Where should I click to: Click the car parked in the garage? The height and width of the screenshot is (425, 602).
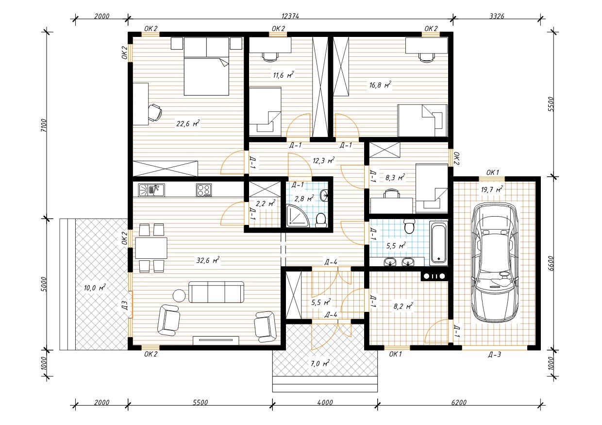pyautogui.click(x=495, y=262)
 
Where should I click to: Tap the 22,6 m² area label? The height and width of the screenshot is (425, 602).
pyautogui.click(x=188, y=123)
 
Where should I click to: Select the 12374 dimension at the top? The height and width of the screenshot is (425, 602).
pyautogui.click(x=290, y=16)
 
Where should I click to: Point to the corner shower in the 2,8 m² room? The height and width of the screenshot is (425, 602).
pyautogui.click(x=297, y=215)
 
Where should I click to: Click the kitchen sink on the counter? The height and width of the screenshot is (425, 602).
pyautogui.click(x=151, y=190)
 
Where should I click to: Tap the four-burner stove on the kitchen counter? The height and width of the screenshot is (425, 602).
pyautogui.click(x=204, y=190)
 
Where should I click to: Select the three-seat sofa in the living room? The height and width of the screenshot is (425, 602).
pyautogui.click(x=217, y=292)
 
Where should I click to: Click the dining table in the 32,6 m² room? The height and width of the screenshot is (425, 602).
pyautogui.click(x=151, y=248)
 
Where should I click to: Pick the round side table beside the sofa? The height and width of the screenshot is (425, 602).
pyautogui.click(x=179, y=296)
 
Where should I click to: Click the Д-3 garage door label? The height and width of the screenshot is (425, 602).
pyautogui.click(x=495, y=355)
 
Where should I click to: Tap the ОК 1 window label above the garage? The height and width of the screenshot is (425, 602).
pyautogui.click(x=493, y=172)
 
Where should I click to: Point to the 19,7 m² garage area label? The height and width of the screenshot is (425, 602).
pyautogui.click(x=491, y=189)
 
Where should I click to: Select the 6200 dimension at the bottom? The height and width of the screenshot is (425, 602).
pyautogui.click(x=459, y=403)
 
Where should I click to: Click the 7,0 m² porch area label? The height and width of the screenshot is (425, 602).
pyautogui.click(x=320, y=363)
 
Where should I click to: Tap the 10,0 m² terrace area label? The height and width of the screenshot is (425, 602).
pyautogui.click(x=95, y=288)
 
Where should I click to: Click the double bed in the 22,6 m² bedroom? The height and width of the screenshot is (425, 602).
pyautogui.click(x=206, y=67)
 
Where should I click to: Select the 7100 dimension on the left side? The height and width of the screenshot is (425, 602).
pyautogui.click(x=44, y=125)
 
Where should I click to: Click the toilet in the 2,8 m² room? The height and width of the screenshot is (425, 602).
pyautogui.click(x=320, y=220)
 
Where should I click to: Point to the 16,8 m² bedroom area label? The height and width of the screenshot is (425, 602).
pyautogui.click(x=380, y=85)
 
